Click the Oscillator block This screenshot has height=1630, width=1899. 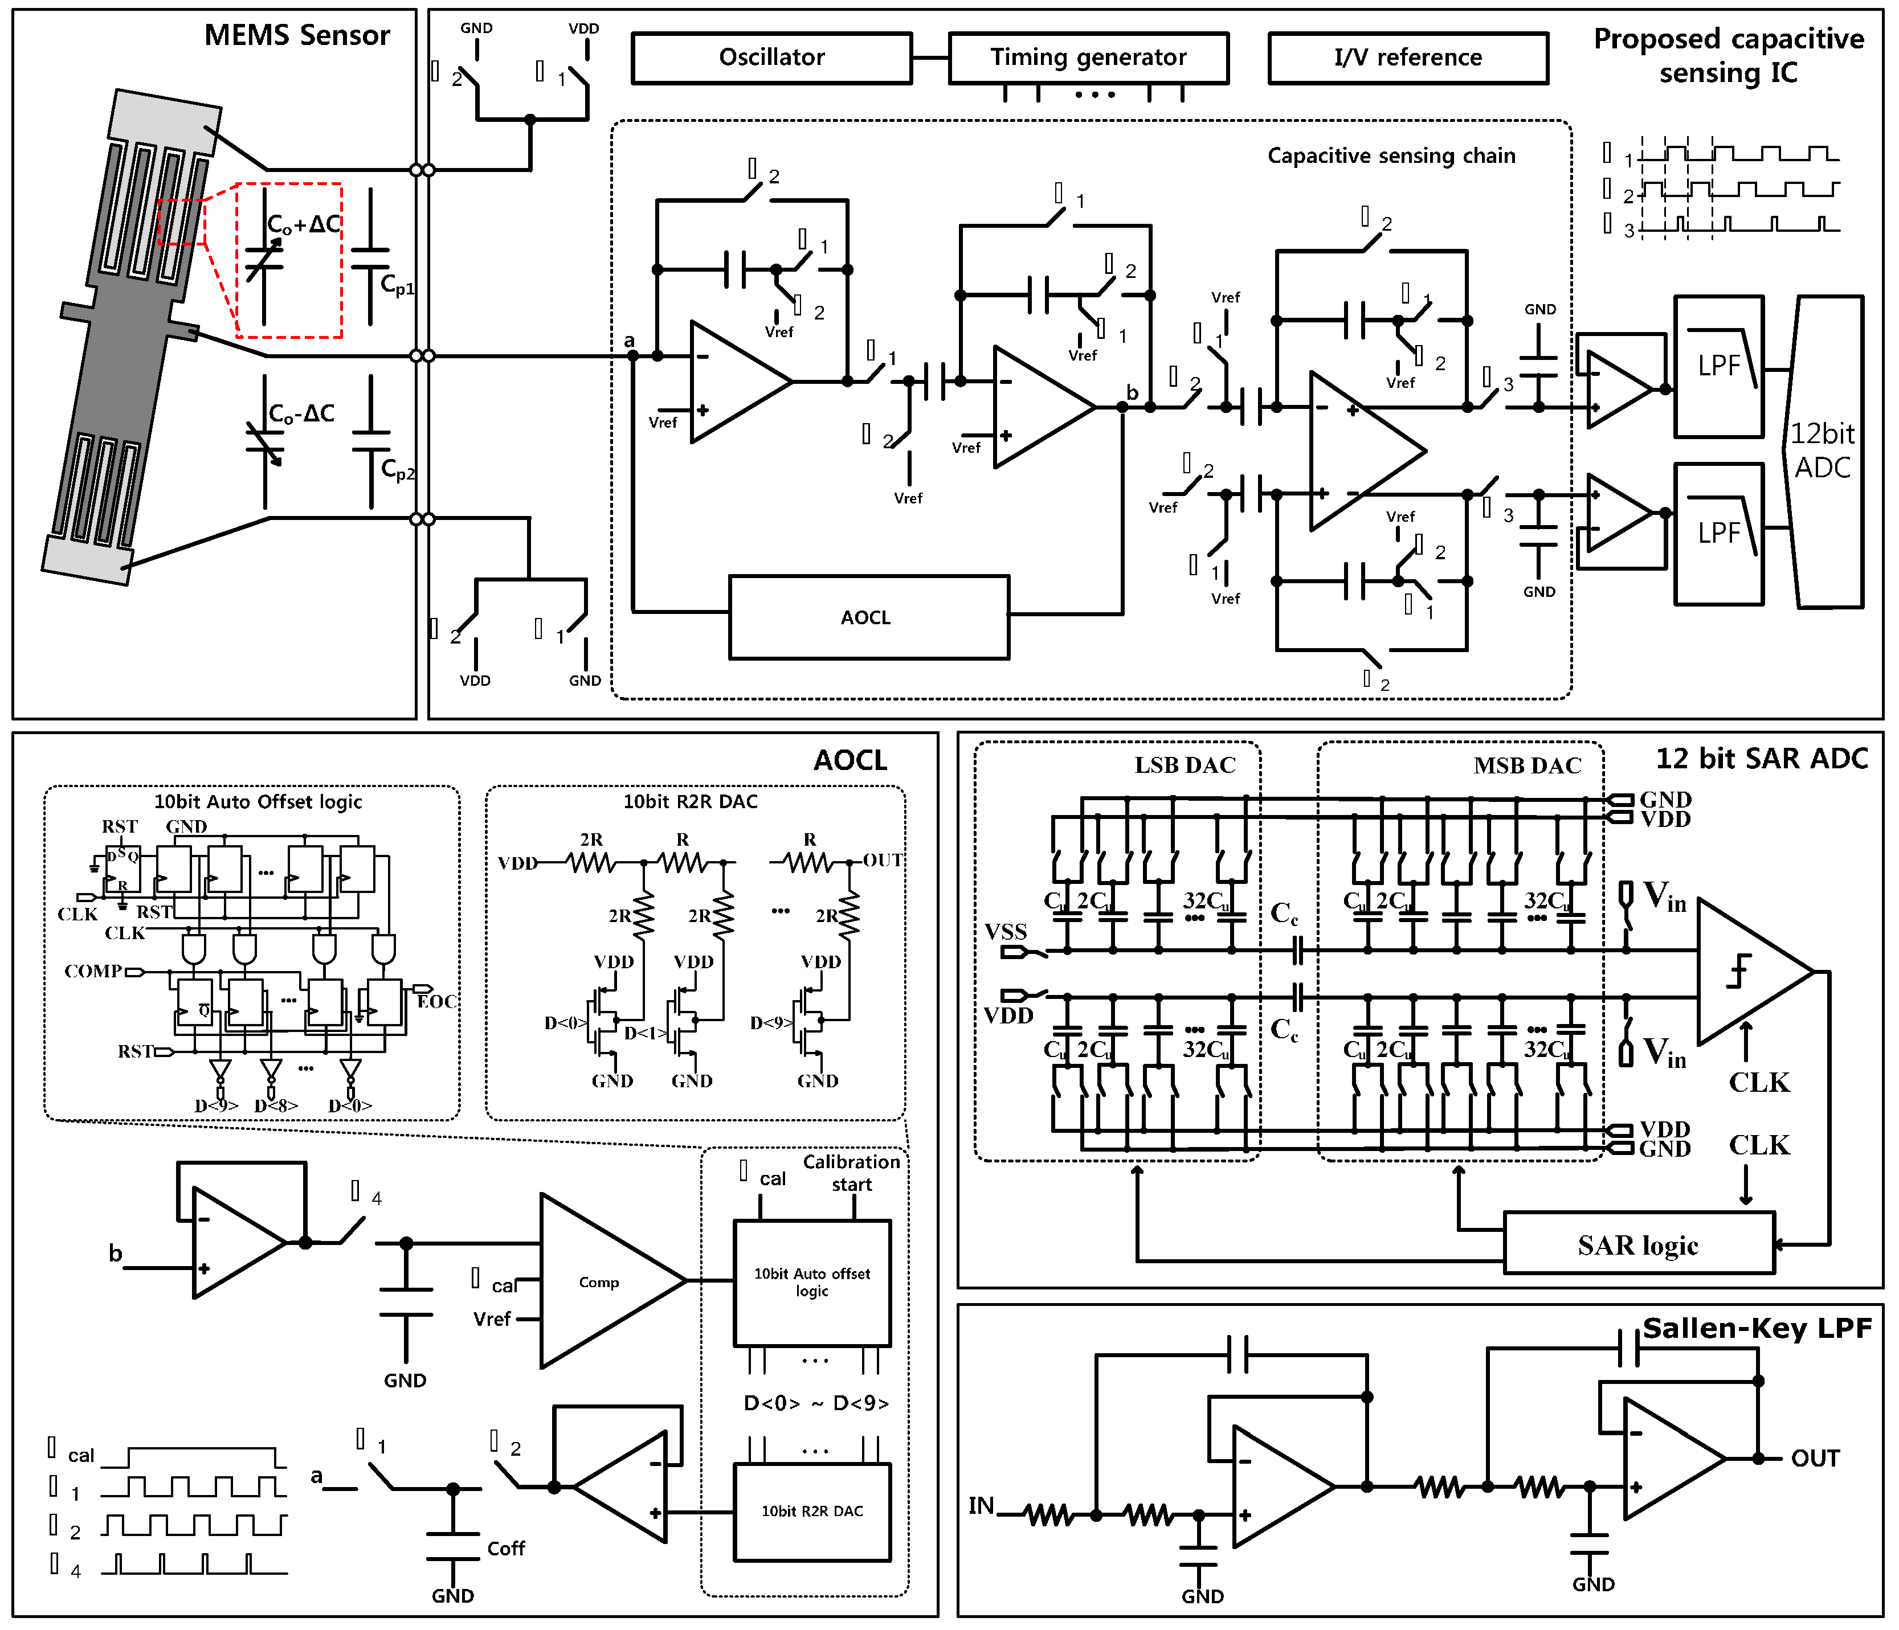click(x=771, y=58)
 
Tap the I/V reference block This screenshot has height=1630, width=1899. click(x=1408, y=58)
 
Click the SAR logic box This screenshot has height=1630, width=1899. click(x=1639, y=1245)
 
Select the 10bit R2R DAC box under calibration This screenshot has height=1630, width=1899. click(x=812, y=1511)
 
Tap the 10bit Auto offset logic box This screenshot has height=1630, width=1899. click(x=812, y=1282)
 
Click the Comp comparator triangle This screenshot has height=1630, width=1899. click(x=601, y=1281)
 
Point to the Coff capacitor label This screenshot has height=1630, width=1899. click(x=506, y=1549)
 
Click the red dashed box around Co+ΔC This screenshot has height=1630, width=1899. click(x=289, y=260)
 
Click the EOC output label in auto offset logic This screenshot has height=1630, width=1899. click(x=436, y=1001)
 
